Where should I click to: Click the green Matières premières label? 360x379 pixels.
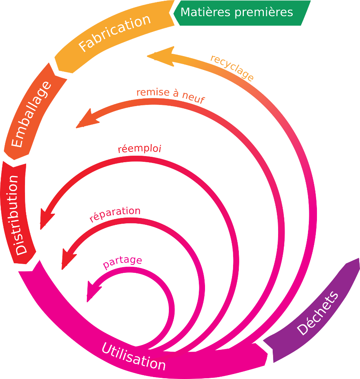pos(237,12)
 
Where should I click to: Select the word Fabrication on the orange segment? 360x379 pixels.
pos(114,33)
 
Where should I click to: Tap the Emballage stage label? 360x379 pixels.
pos(31,115)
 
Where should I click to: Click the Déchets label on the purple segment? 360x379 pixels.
pos(318,313)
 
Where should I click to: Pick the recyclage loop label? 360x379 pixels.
pos(232,68)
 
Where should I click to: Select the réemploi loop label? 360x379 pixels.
pos(139,149)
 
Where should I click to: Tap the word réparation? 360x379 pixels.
pos(115,214)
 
